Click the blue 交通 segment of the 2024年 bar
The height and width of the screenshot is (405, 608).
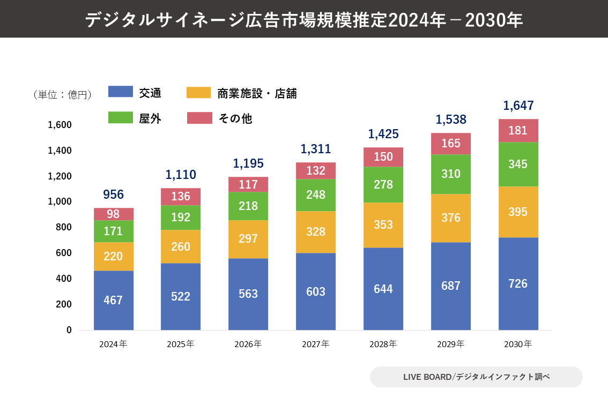click(113, 300)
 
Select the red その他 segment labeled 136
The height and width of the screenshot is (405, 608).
click(181, 197)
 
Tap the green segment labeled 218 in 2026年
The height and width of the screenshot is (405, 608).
click(248, 206)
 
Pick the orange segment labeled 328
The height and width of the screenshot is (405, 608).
click(316, 232)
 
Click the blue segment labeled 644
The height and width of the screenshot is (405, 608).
click(383, 289)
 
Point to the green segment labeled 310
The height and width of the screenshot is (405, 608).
click(451, 174)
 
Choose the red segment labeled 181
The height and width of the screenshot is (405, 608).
click(518, 131)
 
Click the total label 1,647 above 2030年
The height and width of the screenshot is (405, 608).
click(518, 106)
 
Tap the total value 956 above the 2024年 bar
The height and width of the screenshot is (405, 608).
click(113, 194)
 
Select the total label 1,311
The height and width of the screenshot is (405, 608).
click(316, 149)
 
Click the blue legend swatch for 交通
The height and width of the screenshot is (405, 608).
click(120, 92)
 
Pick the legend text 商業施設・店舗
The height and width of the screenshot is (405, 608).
click(257, 94)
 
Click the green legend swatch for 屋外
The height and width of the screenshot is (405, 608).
click(120, 118)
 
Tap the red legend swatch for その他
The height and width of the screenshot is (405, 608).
click(199, 118)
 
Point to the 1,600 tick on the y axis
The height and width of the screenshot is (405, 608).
click(60, 125)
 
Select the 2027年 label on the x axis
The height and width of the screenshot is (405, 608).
click(316, 344)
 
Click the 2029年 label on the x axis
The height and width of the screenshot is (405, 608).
click(451, 344)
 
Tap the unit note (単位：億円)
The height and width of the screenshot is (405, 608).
click(62, 95)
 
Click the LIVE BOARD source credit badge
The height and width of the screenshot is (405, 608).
click(476, 377)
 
